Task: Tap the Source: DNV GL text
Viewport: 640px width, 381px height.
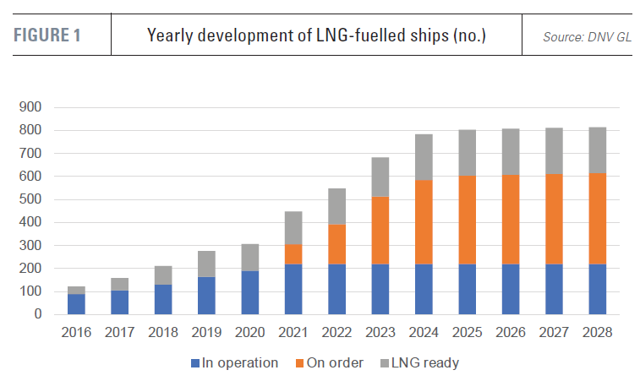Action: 587,37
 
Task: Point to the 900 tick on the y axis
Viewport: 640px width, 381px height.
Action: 30,107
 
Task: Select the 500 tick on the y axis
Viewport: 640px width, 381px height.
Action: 30,199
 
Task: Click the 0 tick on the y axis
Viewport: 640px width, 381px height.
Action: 37,314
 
